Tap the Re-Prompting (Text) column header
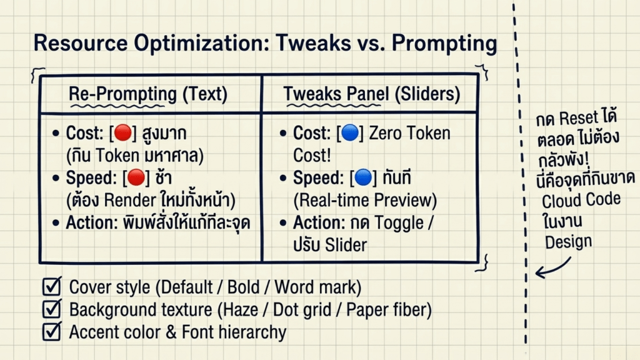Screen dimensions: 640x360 (x=147, y=94)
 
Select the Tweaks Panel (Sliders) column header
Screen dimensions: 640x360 (x=372, y=94)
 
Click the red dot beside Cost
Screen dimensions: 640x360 (x=123, y=132)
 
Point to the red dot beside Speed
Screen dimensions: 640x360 (x=136, y=177)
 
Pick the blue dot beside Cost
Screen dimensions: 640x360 (x=350, y=132)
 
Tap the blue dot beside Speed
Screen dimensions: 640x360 (x=363, y=177)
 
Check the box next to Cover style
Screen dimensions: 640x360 (x=52, y=286)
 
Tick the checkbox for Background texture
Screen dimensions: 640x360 (x=52, y=309)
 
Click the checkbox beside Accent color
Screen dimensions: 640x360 (x=52, y=331)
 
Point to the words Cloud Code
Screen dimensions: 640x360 (x=581, y=201)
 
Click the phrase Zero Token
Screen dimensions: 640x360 (x=410, y=133)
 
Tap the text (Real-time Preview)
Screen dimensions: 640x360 (x=365, y=200)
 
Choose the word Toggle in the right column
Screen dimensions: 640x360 (x=399, y=223)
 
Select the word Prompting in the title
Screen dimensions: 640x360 (x=444, y=43)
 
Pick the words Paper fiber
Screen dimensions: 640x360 (x=389, y=309)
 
